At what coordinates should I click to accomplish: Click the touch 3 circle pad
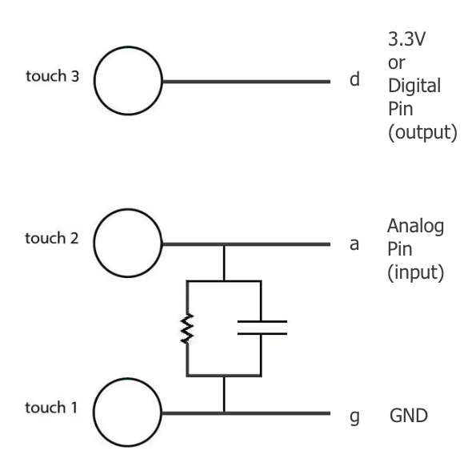[94, 81]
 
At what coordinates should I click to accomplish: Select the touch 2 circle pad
[94, 243]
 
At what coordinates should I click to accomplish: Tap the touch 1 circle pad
[94, 412]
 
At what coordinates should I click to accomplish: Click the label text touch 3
[52, 76]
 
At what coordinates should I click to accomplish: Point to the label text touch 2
[52, 238]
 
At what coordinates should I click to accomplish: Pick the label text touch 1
[51, 408]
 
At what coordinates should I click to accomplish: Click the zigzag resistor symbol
[187, 328]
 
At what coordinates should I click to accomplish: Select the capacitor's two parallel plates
[262, 328]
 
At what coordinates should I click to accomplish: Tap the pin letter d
[354, 79]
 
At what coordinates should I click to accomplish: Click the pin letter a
[354, 244]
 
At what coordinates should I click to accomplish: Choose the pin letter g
[354, 417]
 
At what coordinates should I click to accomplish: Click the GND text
[409, 415]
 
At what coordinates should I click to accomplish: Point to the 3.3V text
[406, 38]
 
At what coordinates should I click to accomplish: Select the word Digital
[414, 86]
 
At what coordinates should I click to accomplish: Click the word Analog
[416, 227]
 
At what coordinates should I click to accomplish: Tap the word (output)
[422, 132]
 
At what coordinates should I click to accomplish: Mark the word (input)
[416, 272]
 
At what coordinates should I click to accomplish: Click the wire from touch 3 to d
[246, 81]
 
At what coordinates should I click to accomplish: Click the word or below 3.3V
[397, 63]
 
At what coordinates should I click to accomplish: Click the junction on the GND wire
[224, 413]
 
